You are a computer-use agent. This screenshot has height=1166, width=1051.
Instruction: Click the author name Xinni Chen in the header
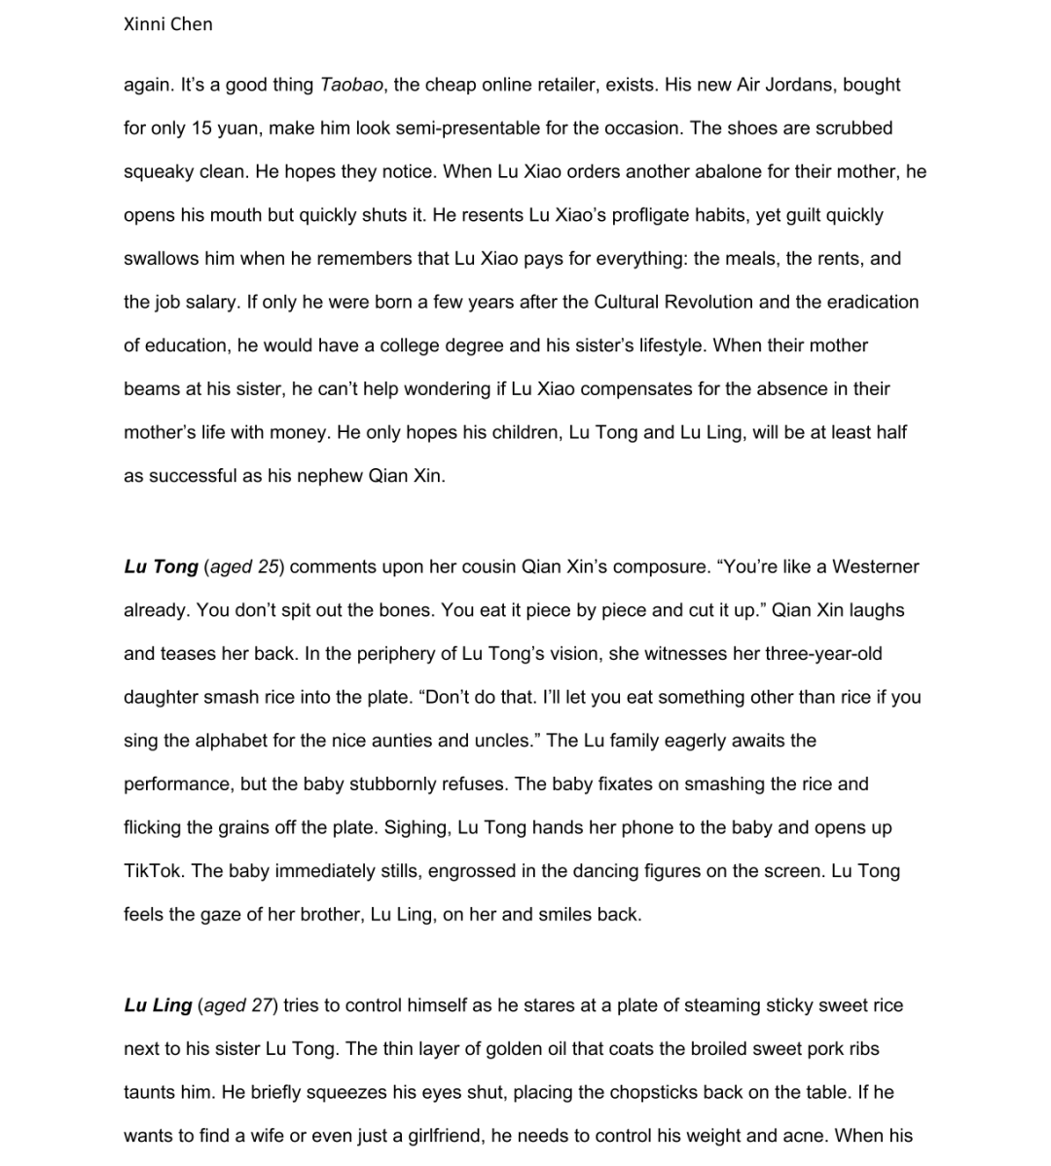pyautogui.click(x=167, y=24)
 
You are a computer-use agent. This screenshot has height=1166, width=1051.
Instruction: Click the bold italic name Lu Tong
pyautogui.click(x=161, y=566)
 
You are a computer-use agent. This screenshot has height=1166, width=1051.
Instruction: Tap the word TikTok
pyautogui.click(x=153, y=871)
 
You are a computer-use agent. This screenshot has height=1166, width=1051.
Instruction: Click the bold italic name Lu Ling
pyautogui.click(x=158, y=1005)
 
